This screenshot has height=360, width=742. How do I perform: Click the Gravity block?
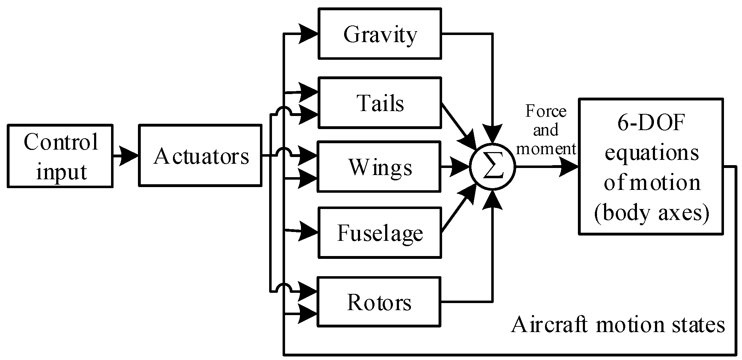[x=379, y=34]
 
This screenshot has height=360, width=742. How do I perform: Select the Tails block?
[x=379, y=103]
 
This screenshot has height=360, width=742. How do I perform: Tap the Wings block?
[x=379, y=167]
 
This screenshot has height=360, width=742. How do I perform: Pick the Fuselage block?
[x=379, y=233]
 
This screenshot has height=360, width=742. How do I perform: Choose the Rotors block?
[x=379, y=302]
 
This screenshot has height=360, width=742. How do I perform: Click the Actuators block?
[x=201, y=155]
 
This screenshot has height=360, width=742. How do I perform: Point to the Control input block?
[x=60, y=156]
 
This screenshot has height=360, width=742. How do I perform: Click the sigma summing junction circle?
[x=493, y=167]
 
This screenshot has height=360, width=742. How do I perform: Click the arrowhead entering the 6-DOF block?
[x=569, y=167]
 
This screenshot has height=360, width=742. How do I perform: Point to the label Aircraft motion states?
[x=618, y=324]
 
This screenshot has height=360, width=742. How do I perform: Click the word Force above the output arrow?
[x=546, y=111]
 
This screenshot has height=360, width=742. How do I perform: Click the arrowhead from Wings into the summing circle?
[x=460, y=167]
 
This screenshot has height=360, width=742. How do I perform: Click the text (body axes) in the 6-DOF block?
[x=651, y=213]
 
